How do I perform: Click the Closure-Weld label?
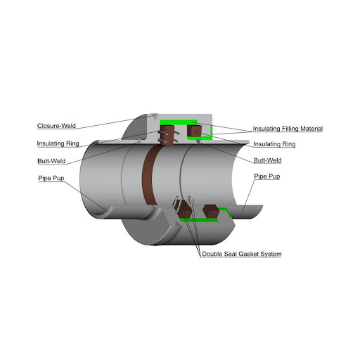(56, 126)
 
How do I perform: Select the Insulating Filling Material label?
(288, 129)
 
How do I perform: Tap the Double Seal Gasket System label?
(242, 254)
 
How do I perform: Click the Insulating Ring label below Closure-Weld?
(58, 143)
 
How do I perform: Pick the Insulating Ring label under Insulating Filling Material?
(274, 144)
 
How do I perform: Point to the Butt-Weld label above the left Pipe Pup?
(51, 161)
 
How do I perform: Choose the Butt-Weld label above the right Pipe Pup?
(267, 160)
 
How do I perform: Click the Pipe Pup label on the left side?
(51, 178)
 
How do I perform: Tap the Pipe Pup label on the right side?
(267, 176)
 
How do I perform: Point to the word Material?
(311, 129)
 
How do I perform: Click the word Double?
(210, 254)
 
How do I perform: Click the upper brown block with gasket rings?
(167, 134)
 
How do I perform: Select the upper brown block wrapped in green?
(194, 131)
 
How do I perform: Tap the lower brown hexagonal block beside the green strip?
(211, 211)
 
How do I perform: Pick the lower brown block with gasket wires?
(184, 209)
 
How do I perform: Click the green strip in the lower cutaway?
(202, 219)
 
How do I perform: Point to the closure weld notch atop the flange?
(154, 116)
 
